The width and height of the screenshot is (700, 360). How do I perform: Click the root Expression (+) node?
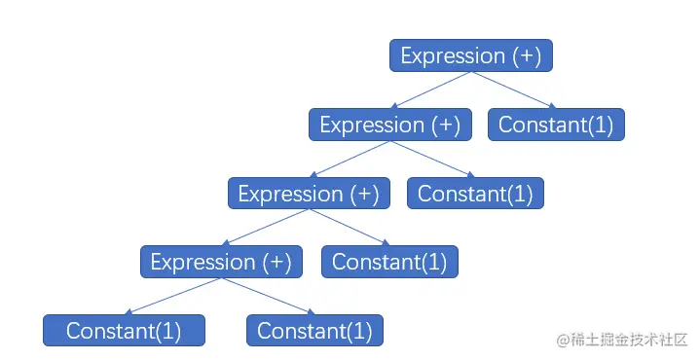pyautogui.click(x=471, y=55)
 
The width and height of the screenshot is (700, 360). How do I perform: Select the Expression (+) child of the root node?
pyautogui.click(x=390, y=125)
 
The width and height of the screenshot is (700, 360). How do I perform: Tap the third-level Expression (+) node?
pyautogui.click(x=309, y=194)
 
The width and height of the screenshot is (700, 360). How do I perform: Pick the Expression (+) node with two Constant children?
pyautogui.click(x=222, y=262)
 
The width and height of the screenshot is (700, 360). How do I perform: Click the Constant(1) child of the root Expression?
pyautogui.click(x=556, y=125)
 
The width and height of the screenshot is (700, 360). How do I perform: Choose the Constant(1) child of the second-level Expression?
pyautogui.click(x=475, y=194)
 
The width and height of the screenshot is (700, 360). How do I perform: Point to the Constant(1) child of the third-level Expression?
pyautogui.click(x=389, y=262)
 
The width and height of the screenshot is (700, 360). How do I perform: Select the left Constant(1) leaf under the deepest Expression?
pyautogui.click(x=124, y=331)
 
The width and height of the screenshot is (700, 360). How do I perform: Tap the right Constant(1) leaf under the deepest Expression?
pyautogui.click(x=314, y=331)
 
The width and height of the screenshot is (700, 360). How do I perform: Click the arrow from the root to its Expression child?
pyautogui.click(x=431, y=90)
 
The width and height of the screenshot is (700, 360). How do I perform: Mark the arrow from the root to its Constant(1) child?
pyautogui.click(x=513, y=90)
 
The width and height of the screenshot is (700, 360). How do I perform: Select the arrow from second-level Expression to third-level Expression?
pyautogui.click(x=350, y=160)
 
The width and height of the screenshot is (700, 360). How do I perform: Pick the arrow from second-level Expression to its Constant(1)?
pyautogui.click(x=432, y=160)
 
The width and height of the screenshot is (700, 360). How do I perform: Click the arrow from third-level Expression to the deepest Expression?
pyautogui.click(x=266, y=228)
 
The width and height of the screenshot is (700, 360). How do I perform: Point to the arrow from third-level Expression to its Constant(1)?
pyautogui.click(x=349, y=228)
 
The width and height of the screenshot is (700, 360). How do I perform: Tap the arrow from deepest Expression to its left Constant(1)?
pyautogui.click(x=173, y=297)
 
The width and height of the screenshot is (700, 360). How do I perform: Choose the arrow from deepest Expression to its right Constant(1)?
pyautogui.click(x=268, y=297)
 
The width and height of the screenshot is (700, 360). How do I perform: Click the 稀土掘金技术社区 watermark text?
pyautogui.click(x=629, y=339)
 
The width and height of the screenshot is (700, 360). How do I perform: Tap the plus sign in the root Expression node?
pyautogui.click(x=527, y=55)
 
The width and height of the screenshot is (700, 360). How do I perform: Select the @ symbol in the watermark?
pyautogui.click(x=562, y=339)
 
